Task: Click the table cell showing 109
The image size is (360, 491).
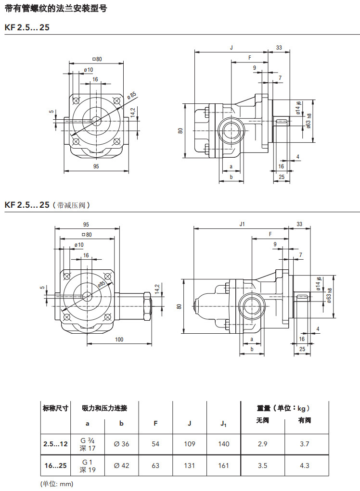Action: pos(190,444)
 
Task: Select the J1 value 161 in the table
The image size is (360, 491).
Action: pos(224,466)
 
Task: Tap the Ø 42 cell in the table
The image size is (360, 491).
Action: pos(122,466)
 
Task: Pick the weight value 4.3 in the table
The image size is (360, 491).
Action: pos(304,466)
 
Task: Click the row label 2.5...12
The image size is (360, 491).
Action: pos(55,444)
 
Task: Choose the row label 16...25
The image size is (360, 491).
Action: pos(55,466)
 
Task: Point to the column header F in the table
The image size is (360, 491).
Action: pos(155,424)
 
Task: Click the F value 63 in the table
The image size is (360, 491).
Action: pos(155,466)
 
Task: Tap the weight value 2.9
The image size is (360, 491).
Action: pos(262,444)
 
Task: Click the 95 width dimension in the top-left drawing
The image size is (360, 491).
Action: pos(96,166)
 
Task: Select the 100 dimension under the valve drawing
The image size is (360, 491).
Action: pos(119,340)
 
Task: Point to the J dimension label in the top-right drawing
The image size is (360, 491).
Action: pos(231,48)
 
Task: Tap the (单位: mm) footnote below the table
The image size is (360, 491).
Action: pos(56,483)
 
